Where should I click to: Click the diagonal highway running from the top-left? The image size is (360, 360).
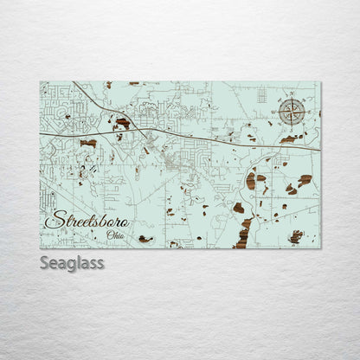[95, 100]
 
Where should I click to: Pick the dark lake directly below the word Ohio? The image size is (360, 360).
[145, 239]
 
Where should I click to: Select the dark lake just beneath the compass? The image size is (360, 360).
[288, 138]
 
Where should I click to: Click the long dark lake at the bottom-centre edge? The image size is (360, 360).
[243, 234]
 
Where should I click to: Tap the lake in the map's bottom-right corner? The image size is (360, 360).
[296, 236]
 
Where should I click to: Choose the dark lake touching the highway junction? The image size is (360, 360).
[124, 123]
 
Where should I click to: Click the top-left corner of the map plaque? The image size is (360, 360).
[41, 82]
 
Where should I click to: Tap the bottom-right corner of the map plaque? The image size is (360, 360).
[320, 248]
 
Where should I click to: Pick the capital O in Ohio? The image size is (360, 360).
[108, 234]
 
